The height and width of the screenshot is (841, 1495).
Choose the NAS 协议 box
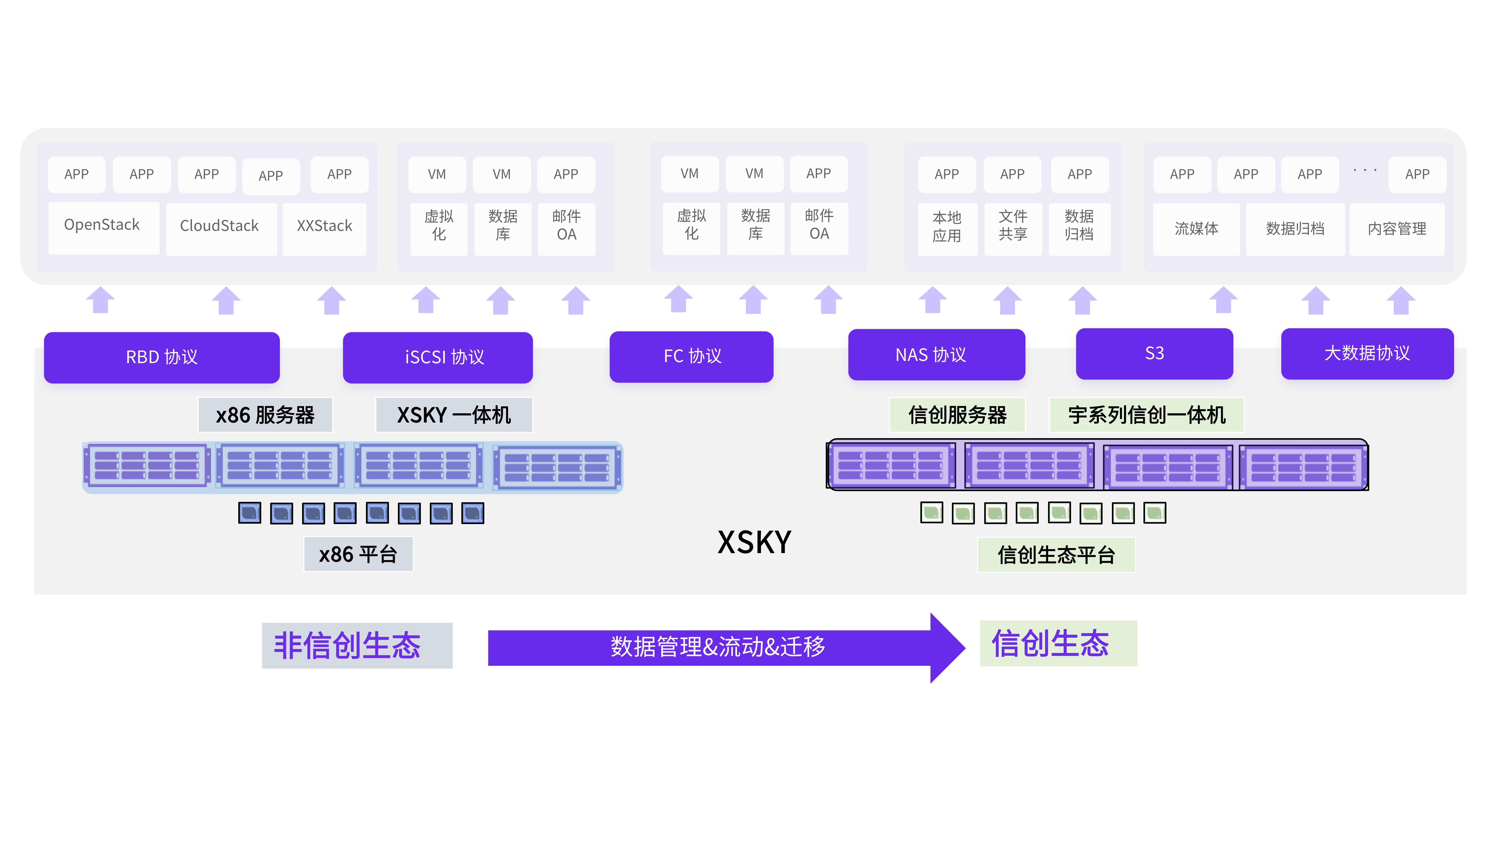click(936, 355)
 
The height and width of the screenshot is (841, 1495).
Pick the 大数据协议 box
click(1367, 354)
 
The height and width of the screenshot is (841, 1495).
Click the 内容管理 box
click(1396, 229)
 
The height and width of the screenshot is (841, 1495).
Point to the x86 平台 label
click(358, 554)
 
